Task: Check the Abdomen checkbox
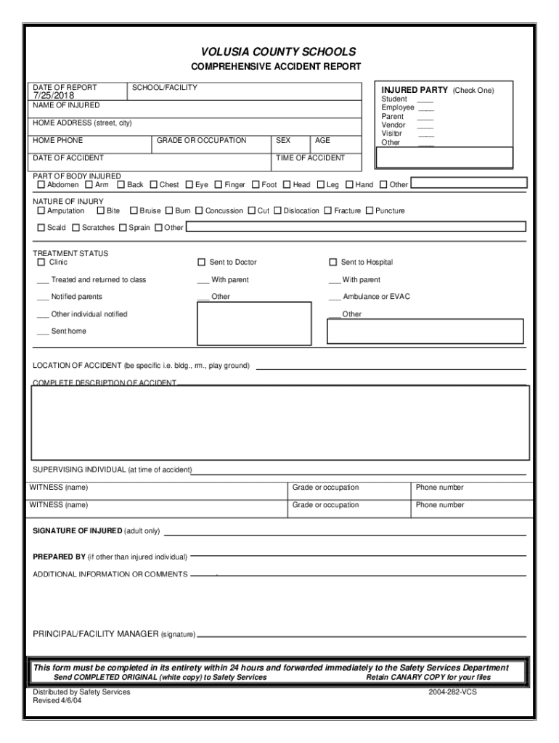tap(41, 185)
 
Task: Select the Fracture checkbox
tap(328, 211)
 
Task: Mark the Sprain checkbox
tap(123, 228)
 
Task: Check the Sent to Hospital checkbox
tap(333, 263)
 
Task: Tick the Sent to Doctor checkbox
tap(202, 263)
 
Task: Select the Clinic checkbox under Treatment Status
tap(41, 263)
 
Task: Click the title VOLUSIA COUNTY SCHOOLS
tap(279, 52)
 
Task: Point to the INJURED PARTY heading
tap(415, 91)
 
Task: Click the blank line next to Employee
tap(425, 108)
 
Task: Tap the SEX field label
tap(283, 140)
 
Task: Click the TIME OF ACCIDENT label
tap(310, 157)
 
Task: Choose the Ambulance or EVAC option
tap(370, 297)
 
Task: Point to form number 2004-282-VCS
tap(453, 692)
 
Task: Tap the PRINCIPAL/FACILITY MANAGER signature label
tap(113, 634)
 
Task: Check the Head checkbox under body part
tap(287, 185)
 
